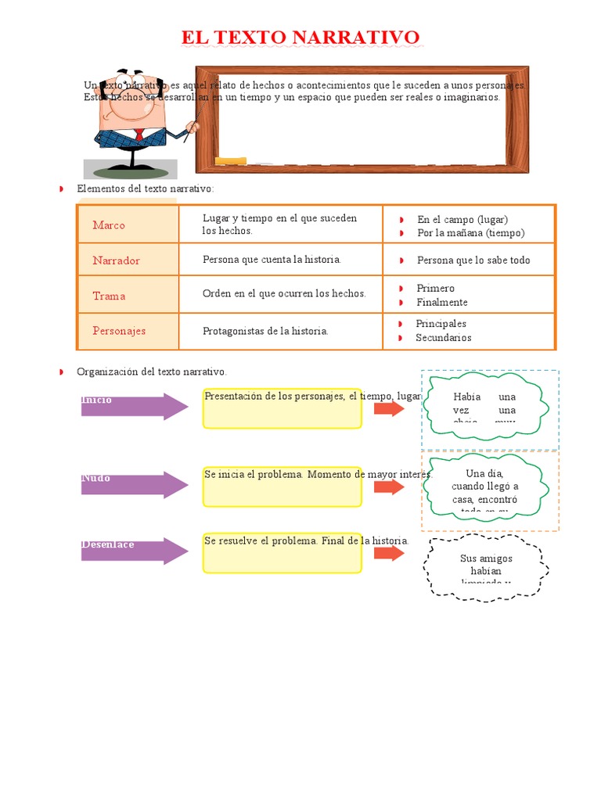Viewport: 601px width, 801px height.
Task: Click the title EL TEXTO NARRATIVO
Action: [x=300, y=38]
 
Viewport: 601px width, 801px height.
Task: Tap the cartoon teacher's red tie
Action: [x=139, y=135]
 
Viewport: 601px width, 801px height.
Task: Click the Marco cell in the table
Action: [x=109, y=225]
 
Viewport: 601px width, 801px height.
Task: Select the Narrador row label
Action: [x=116, y=260]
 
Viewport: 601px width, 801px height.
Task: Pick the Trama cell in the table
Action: [x=109, y=296]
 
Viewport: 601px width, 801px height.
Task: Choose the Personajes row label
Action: [x=119, y=331]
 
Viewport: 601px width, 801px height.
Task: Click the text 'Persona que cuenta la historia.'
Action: [x=272, y=260]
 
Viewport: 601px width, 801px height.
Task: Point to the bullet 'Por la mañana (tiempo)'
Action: [x=470, y=233]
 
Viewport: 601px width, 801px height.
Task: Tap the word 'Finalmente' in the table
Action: [x=441, y=303]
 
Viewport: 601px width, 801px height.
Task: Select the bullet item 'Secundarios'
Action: [x=443, y=338]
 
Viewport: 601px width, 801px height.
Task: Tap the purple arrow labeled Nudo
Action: [x=134, y=485]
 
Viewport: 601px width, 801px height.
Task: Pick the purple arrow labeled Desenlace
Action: [x=134, y=551]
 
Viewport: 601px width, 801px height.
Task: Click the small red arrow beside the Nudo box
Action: [x=388, y=487]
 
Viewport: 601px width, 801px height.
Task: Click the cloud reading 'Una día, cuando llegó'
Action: [x=485, y=487]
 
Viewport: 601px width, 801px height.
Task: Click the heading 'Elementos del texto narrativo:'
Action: [x=145, y=189]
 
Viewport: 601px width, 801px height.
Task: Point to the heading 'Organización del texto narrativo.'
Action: [x=151, y=372]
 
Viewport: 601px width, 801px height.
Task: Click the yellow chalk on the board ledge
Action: [x=230, y=161]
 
